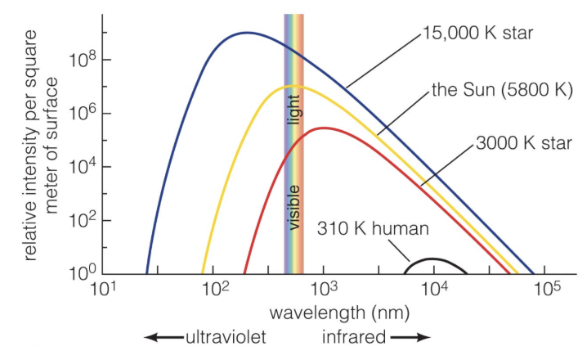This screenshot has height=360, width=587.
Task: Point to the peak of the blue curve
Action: click(245, 33)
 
